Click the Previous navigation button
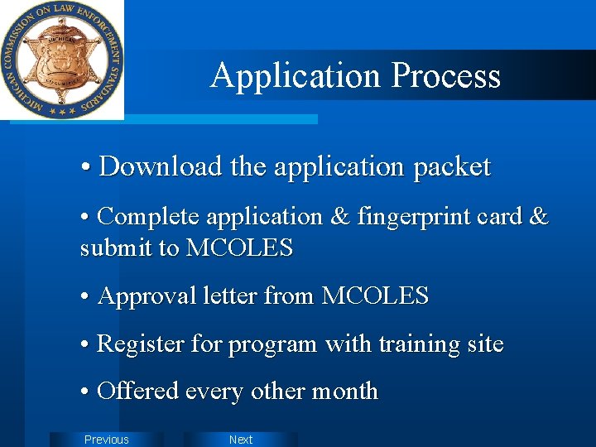point(107,440)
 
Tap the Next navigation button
point(240,440)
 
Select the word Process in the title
point(445,75)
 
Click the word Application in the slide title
point(296,75)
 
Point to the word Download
point(161,166)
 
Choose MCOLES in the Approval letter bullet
point(375,296)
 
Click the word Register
point(142,344)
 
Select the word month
point(344,391)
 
